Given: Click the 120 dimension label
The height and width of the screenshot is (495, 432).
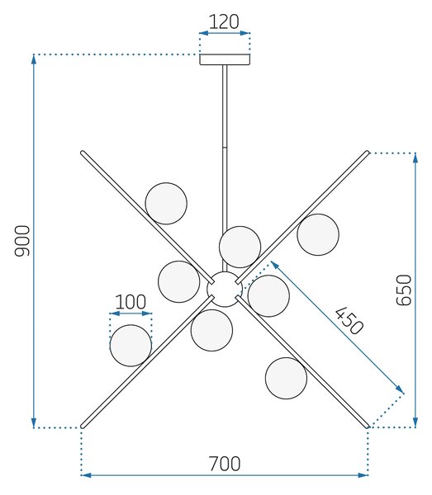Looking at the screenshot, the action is [x=224, y=21].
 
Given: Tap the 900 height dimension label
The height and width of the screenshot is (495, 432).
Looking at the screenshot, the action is [x=22, y=241].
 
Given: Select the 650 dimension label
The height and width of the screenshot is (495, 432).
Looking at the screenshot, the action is [x=404, y=290].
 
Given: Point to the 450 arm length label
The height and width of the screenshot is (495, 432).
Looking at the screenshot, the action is [x=349, y=320].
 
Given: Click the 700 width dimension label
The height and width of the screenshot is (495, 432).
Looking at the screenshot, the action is [x=225, y=464].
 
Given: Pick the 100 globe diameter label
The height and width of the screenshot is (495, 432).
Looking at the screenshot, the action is [x=131, y=302].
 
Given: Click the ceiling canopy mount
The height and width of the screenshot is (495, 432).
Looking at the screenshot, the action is [x=225, y=59].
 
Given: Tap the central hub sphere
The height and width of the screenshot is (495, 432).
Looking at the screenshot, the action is [x=225, y=289].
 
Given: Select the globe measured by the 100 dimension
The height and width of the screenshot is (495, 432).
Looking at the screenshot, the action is [x=131, y=346].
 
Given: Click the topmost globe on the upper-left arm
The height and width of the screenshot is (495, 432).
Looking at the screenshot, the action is [x=166, y=204].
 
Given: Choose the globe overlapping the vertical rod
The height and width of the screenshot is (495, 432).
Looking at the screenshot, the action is [x=240, y=247].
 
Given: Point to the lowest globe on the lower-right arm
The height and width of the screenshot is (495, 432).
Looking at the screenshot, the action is [x=286, y=378].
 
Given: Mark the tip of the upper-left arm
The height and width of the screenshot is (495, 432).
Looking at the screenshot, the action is [x=82, y=153].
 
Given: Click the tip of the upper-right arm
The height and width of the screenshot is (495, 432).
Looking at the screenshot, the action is [x=368, y=153].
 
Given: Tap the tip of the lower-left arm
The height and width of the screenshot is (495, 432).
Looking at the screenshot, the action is [x=82, y=427].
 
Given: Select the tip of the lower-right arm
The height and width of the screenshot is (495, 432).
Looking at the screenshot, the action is [x=368, y=427].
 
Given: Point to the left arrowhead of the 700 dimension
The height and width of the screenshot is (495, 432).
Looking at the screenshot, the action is [x=86, y=475].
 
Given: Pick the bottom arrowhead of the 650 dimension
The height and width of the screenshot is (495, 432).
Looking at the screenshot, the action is [x=415, y=422].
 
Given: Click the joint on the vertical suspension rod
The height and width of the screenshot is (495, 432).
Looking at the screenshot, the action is [x=225, y=148].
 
